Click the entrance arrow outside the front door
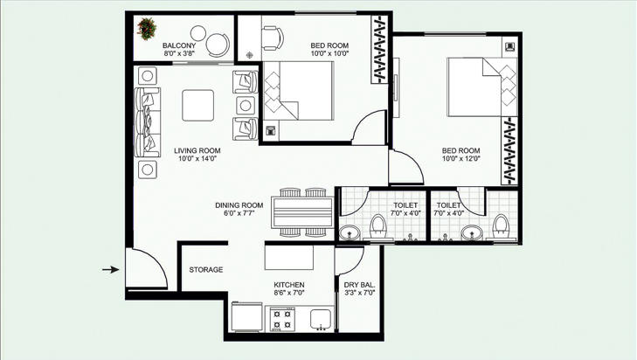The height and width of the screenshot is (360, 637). coord(110,269)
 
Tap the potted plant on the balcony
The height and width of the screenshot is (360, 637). coord(147,29)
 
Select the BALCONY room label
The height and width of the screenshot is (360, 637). coord(179,45)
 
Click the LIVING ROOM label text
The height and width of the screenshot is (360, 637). coord(197,151)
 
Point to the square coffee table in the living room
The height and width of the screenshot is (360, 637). coord(197,105)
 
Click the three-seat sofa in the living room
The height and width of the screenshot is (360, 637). coord(147,122)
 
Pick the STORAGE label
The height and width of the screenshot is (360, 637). coord(206,269)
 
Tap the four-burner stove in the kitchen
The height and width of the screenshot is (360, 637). coord(282,320)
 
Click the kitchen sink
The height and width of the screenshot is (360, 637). coord(321,319)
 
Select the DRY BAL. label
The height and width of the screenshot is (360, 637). coord(359,285)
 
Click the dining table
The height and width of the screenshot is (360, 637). coord(303,212)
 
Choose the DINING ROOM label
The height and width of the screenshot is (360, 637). coord(239,205)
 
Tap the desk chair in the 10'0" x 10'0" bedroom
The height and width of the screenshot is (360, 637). coord(272,38)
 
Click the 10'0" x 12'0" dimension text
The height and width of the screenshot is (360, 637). coord(461,159)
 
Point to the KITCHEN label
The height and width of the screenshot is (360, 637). coord(289,285)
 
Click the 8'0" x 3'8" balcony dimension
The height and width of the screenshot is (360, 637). coord(179,53)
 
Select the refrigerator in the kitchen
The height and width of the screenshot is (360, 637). coord(247,317)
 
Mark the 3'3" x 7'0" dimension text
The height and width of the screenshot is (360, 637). coord(359,293)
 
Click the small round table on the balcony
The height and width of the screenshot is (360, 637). coord(198,33)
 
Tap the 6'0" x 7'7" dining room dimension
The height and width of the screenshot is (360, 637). coord(239,213)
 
